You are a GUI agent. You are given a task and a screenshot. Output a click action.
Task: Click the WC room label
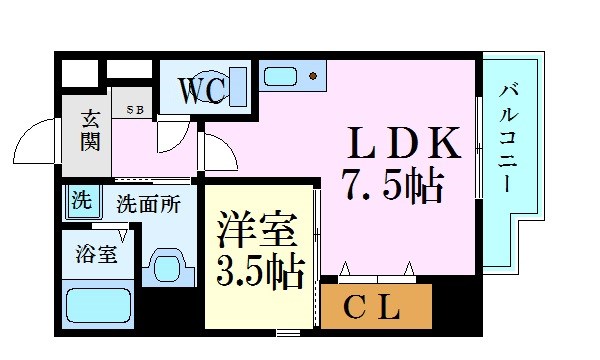click(x=205, y=90)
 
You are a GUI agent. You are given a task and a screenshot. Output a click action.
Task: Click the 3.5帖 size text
click(x=259, y=273)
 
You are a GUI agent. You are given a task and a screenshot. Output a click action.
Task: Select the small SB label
click(x=134, y=109)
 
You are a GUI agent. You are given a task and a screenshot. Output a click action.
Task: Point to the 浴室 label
click(x=96, y=253)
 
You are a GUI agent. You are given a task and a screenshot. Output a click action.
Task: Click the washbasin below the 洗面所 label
click(x=165, y=265)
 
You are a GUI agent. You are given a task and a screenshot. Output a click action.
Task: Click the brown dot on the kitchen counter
click(x=313, y=76)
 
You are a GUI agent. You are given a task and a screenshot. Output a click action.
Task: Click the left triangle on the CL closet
click(x=345, y=268)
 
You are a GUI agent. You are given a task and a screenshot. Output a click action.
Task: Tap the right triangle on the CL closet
click(x=409, y=268)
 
